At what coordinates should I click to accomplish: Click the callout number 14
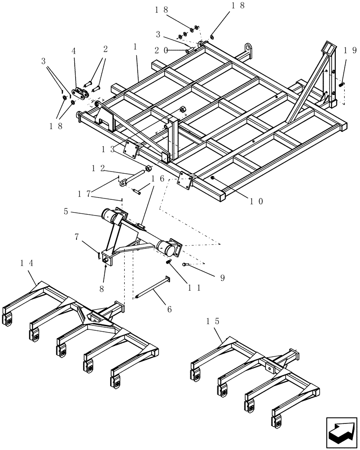[27, 263]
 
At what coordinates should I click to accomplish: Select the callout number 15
[213, 322]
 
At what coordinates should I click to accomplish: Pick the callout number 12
[99, 168]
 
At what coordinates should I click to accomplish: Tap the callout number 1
[135, 47]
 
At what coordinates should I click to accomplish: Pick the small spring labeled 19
[341, 84]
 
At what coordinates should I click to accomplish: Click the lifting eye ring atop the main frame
[248, 48]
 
